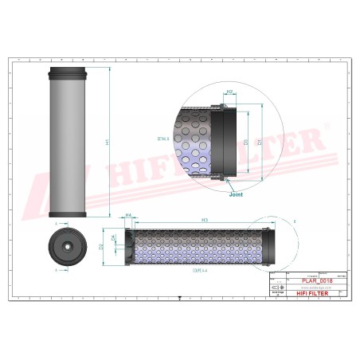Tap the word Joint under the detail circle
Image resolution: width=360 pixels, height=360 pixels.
click(x=236, y=194)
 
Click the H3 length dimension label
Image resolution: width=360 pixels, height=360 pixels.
click(x=205, y=219)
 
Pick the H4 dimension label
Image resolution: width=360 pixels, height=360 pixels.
click(x=128, y=216)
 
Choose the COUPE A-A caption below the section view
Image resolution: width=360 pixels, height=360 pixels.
click(x=193, y=271)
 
